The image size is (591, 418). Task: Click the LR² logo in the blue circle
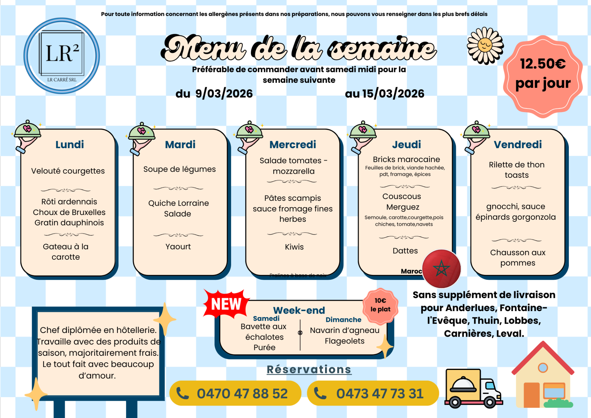click(x=62, y=55)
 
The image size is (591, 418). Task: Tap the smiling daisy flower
click(x=485, y=46)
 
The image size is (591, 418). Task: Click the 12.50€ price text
click(x=543, y=64)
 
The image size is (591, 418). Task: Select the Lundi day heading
click(x=70, y=144)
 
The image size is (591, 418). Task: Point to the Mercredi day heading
click(x=292, y=144)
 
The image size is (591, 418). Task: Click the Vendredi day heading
click(x=518, y=144)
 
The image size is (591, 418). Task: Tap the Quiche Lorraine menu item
click(x=179, y=203)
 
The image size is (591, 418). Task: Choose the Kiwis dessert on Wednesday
click(x=294, y=247)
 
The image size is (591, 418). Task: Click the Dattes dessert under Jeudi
click(x=405, y=251)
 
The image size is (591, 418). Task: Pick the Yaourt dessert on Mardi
click(x=178, y=246)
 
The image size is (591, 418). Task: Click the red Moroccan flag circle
click(x=441, y=269)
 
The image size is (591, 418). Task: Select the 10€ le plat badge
click(x=380, y=305)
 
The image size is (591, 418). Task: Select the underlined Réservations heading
click(x=309, y=369)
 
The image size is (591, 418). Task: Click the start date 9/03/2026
click(x=224, y=93)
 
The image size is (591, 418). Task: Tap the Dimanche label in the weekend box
click(x=343, y=320)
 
